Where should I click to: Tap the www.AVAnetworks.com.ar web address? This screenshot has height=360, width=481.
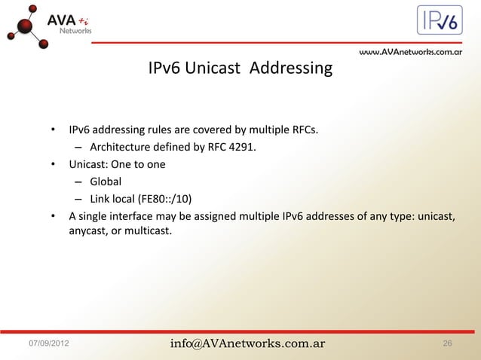point(410,53)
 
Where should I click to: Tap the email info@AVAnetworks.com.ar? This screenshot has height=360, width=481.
point(247,344)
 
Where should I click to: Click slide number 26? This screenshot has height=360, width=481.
point(448,344)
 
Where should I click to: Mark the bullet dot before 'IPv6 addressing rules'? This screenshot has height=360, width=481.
point(54,129)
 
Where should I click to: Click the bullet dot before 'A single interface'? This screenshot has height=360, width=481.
point(54,217)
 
